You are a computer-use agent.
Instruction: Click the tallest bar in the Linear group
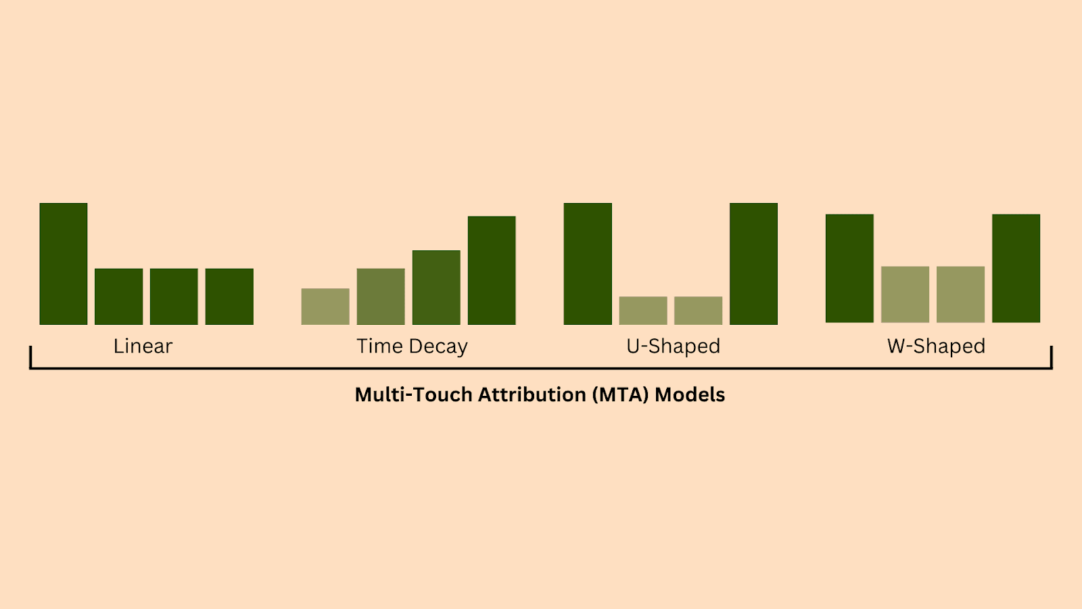[x=64, y=264]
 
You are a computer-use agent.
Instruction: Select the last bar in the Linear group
[x=229, y=296]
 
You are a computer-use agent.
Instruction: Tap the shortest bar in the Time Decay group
[x=325, y=307]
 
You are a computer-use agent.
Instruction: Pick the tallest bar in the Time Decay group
[x=492, y=271]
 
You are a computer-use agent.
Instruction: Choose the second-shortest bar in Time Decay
[x=381, y=296]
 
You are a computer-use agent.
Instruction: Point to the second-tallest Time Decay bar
[x=436, y=288]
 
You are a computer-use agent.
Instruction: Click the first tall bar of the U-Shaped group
[x=588, y=264]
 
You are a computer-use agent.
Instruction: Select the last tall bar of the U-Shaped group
[x=753, y=264]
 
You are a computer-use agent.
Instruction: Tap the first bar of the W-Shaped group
[x=849, y=269]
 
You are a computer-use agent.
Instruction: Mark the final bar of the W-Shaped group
[x=1016, y=269]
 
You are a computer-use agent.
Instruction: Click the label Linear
[x=143, y=346]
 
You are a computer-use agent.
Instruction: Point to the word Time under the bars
[x=380, y=346]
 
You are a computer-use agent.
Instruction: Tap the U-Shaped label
[x=673, y=346]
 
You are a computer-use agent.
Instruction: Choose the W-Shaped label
[x=936, y=346]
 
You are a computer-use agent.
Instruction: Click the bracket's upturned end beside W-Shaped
[x=1052, y=357]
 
